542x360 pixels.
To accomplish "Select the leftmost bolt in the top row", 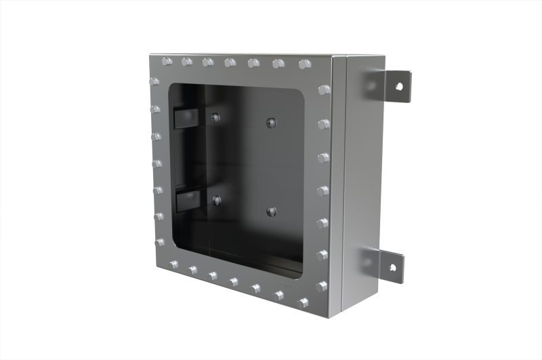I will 165,62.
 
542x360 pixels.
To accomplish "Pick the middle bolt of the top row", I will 230,63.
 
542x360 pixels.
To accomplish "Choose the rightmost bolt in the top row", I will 304,64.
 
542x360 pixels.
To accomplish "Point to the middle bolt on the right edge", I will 323,191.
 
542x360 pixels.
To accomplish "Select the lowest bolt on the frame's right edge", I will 322,286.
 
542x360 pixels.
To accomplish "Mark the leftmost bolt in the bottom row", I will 174,264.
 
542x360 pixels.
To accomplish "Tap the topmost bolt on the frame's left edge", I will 154,82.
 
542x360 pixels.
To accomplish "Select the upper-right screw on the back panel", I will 270,123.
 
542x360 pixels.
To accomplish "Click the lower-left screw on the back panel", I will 216,200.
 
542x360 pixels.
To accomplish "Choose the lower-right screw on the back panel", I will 270,211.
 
